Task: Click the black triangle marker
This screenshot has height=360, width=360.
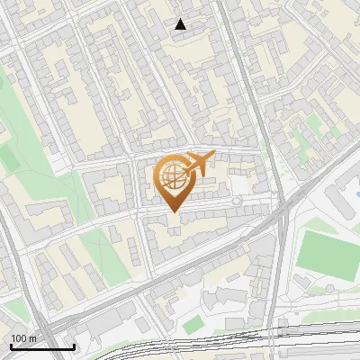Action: coord(181,24)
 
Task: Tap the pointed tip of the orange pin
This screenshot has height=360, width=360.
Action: coord(172,211)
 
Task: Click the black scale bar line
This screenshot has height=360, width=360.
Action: coord(42,346)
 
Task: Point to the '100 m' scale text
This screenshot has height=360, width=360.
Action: coord(24,338)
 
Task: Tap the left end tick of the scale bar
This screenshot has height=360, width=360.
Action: coord(11,346)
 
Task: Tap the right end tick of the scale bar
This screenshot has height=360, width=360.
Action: coord(74,346)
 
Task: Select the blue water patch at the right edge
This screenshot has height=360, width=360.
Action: coord(354,191)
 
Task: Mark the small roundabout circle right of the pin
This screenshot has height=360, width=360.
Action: coord(236,202)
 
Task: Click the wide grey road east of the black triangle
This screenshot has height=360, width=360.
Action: coord(236,54)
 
